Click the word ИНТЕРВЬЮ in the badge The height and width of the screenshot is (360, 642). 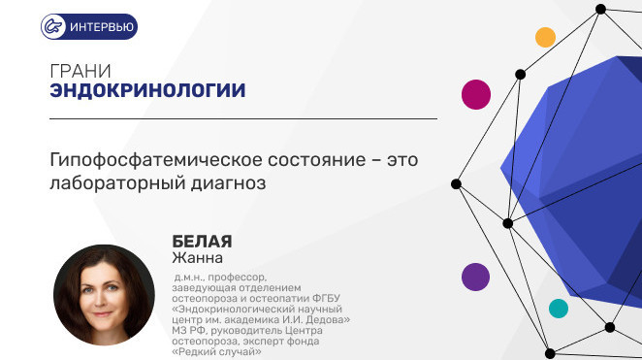(102, 27)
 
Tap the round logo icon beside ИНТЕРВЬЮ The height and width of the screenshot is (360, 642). (53, 26)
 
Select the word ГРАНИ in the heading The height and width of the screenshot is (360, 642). (80, 71)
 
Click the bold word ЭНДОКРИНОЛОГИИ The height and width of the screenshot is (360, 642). (147, 90)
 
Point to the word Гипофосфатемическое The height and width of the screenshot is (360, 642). (156, 160)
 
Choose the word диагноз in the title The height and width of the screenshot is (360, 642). (229, 183)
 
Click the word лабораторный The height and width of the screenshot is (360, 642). (117, 183)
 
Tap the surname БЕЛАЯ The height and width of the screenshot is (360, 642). (202, 242)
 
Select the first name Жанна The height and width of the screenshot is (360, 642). (197, 258)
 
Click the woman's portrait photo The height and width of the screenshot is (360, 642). (104, 295)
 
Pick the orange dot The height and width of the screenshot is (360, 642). (545, 37)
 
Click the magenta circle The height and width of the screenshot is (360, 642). (476, 94)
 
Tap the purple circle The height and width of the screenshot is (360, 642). (475, 277)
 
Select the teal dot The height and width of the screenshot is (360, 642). (559, 309)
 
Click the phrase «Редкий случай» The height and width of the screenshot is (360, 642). (216, 351)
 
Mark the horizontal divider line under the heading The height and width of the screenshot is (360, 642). (243, 118)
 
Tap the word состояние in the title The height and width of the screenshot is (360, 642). (317, 160)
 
